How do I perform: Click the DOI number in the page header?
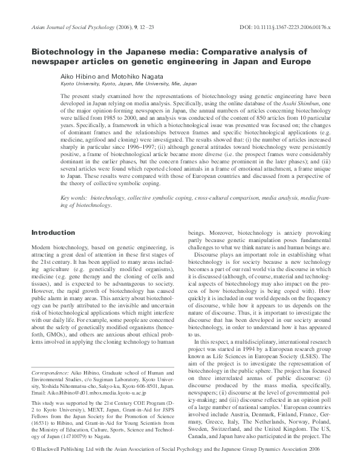click(x=296, y=28)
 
